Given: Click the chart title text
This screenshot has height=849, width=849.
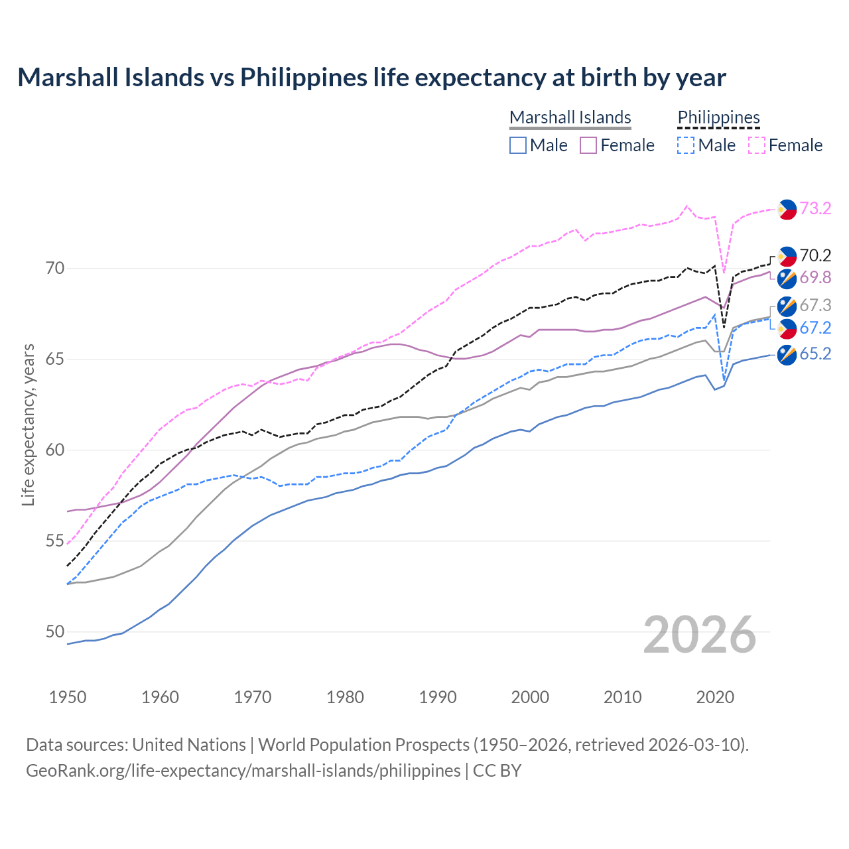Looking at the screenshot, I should pos(371,78).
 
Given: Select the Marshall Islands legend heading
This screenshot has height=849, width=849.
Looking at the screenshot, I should pos(570,117).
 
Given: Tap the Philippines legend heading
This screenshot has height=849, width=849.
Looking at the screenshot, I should pos(718,117).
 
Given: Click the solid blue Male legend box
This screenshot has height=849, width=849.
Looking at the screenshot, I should pos(518,145).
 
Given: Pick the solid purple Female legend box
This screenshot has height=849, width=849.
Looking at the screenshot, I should pos(588,145).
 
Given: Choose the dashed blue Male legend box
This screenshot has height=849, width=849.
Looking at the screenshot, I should pos(686,145).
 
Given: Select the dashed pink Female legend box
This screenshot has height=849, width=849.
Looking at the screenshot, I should pos(757,145).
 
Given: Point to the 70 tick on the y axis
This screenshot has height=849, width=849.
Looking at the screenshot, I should pos(55,269).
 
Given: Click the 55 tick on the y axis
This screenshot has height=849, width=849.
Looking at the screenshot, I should pos(55,541).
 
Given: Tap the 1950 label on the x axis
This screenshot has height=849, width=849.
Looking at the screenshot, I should pos(68,697).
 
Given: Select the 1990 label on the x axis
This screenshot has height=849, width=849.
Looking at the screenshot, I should pos(438,697).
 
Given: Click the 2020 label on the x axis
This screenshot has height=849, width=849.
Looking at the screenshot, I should pos(715,697).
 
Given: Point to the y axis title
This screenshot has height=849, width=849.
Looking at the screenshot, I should pos(28,424).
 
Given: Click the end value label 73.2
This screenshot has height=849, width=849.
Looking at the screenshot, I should pos(815,208).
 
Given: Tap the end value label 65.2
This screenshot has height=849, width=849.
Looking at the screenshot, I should pos(815,354).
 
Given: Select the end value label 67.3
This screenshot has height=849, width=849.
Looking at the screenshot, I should pos(815,305).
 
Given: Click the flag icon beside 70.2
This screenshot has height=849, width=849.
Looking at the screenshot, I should pos(787,256).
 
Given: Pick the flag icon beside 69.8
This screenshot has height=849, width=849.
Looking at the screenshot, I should pos(787,279).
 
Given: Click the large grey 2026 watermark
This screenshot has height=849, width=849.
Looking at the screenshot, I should pos(699,635).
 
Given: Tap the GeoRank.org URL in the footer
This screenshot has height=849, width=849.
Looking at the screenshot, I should pos(243,771).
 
